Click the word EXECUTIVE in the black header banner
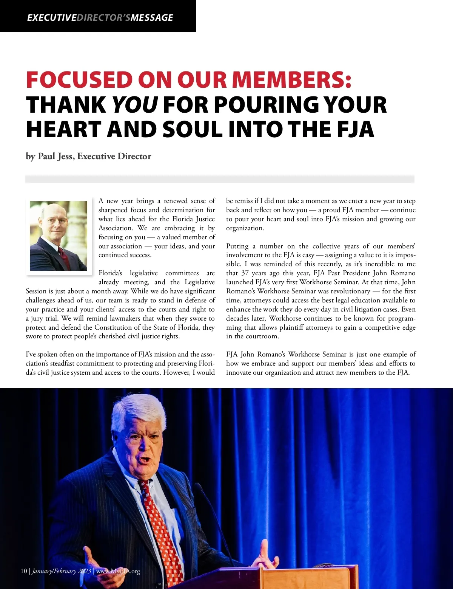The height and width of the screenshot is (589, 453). coord(51,17)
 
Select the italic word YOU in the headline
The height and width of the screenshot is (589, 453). coord(135,105)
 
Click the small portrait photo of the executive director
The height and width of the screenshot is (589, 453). coord(59,236)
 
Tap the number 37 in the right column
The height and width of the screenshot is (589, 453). coord(245,273)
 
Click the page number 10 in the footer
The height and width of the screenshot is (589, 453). coord(24,571)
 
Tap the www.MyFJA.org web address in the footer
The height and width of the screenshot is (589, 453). coord(118,571)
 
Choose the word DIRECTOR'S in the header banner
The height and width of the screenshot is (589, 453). coord(103,17)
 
